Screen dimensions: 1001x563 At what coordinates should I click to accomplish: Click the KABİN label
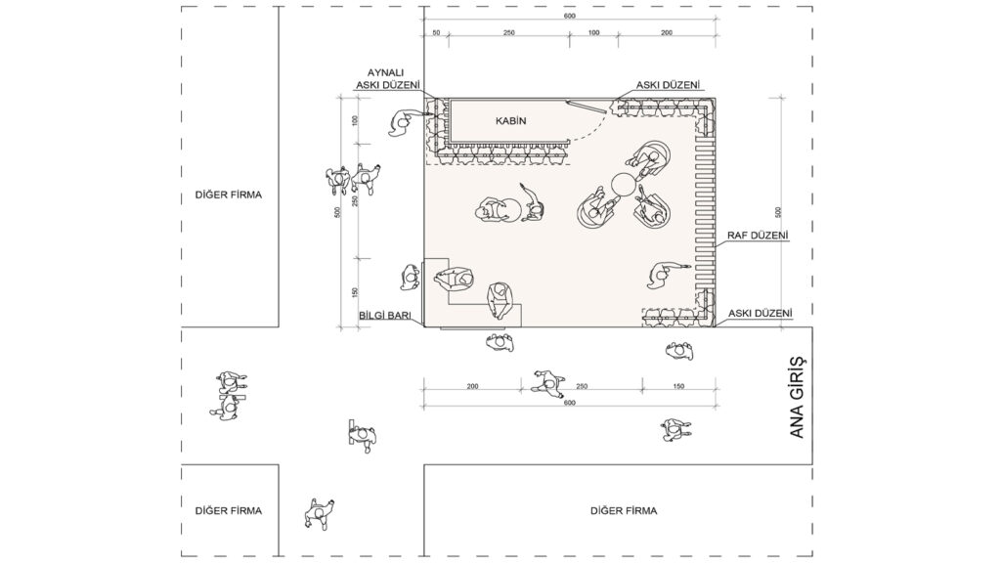510,120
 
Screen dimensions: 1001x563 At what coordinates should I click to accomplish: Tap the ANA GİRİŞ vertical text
797,397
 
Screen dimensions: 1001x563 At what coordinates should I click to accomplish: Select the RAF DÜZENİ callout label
758,236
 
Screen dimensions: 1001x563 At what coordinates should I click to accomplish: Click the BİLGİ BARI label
389,316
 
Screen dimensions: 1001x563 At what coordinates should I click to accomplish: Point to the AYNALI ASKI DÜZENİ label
388,79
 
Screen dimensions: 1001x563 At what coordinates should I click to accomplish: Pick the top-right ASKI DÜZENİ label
668,85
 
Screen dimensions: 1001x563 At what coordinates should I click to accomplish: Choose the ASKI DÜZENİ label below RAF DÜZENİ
760,314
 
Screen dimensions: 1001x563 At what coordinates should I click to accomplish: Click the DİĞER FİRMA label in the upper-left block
229,195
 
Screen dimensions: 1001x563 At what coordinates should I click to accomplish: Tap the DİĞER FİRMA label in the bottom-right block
624,510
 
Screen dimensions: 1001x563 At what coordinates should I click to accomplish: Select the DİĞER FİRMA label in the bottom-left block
229,510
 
